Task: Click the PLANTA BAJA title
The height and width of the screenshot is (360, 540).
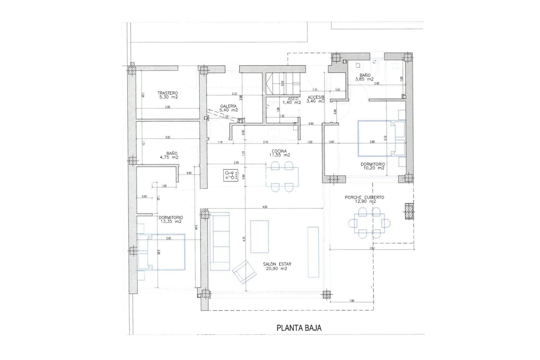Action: coord(299,328)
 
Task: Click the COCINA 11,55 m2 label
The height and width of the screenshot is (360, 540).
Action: coord(279,153)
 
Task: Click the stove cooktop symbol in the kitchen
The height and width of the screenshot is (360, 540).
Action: coord(231,175)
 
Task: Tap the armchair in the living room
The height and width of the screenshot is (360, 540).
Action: coord(244,272)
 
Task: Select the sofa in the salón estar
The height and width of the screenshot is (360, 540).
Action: coord(220,241)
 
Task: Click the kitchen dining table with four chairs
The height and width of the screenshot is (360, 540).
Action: coord(282,177)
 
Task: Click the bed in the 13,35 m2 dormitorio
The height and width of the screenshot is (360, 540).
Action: coord(161,252)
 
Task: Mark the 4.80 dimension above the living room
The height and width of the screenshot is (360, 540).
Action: coord(265,207)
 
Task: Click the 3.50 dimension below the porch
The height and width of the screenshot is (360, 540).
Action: coord(372,248)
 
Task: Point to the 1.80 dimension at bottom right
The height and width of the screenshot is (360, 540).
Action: coord(352,301)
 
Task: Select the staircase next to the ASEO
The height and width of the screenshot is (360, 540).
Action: coord(282,84)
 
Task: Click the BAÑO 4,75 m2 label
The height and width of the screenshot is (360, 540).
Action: coord(169,155)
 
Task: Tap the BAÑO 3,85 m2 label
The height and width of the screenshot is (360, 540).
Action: coord(364,77)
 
